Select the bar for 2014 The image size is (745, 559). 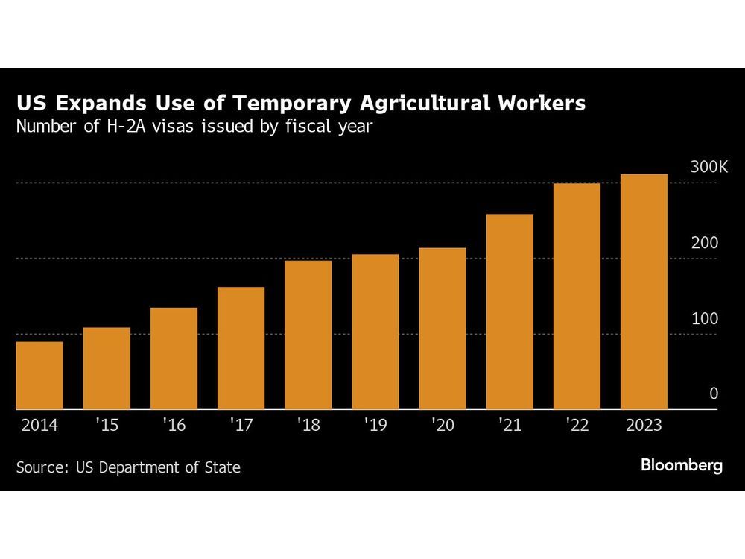(39, 376)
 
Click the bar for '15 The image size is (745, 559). (107, 369)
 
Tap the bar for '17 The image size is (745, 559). (241, 348)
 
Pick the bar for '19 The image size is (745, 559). (375, 332)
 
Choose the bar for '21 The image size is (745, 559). (510, 312)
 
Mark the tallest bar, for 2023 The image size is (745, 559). (644, 292)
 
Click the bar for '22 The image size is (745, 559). (577, 297)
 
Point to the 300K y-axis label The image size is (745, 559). (708, 168)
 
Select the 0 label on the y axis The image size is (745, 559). (714, 394)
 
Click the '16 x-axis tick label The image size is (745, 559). (174, 426)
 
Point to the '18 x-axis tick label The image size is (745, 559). (308, 426)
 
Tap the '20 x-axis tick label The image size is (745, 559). (443, 426)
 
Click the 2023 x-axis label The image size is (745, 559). (644, 426)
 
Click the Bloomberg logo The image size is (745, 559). (682, 466)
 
